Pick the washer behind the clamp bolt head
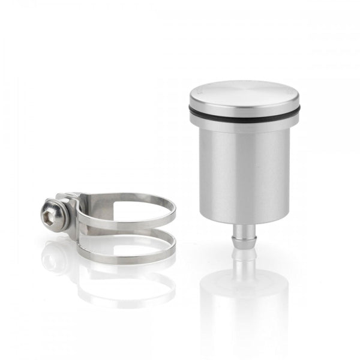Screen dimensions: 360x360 (x=59, y=211)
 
